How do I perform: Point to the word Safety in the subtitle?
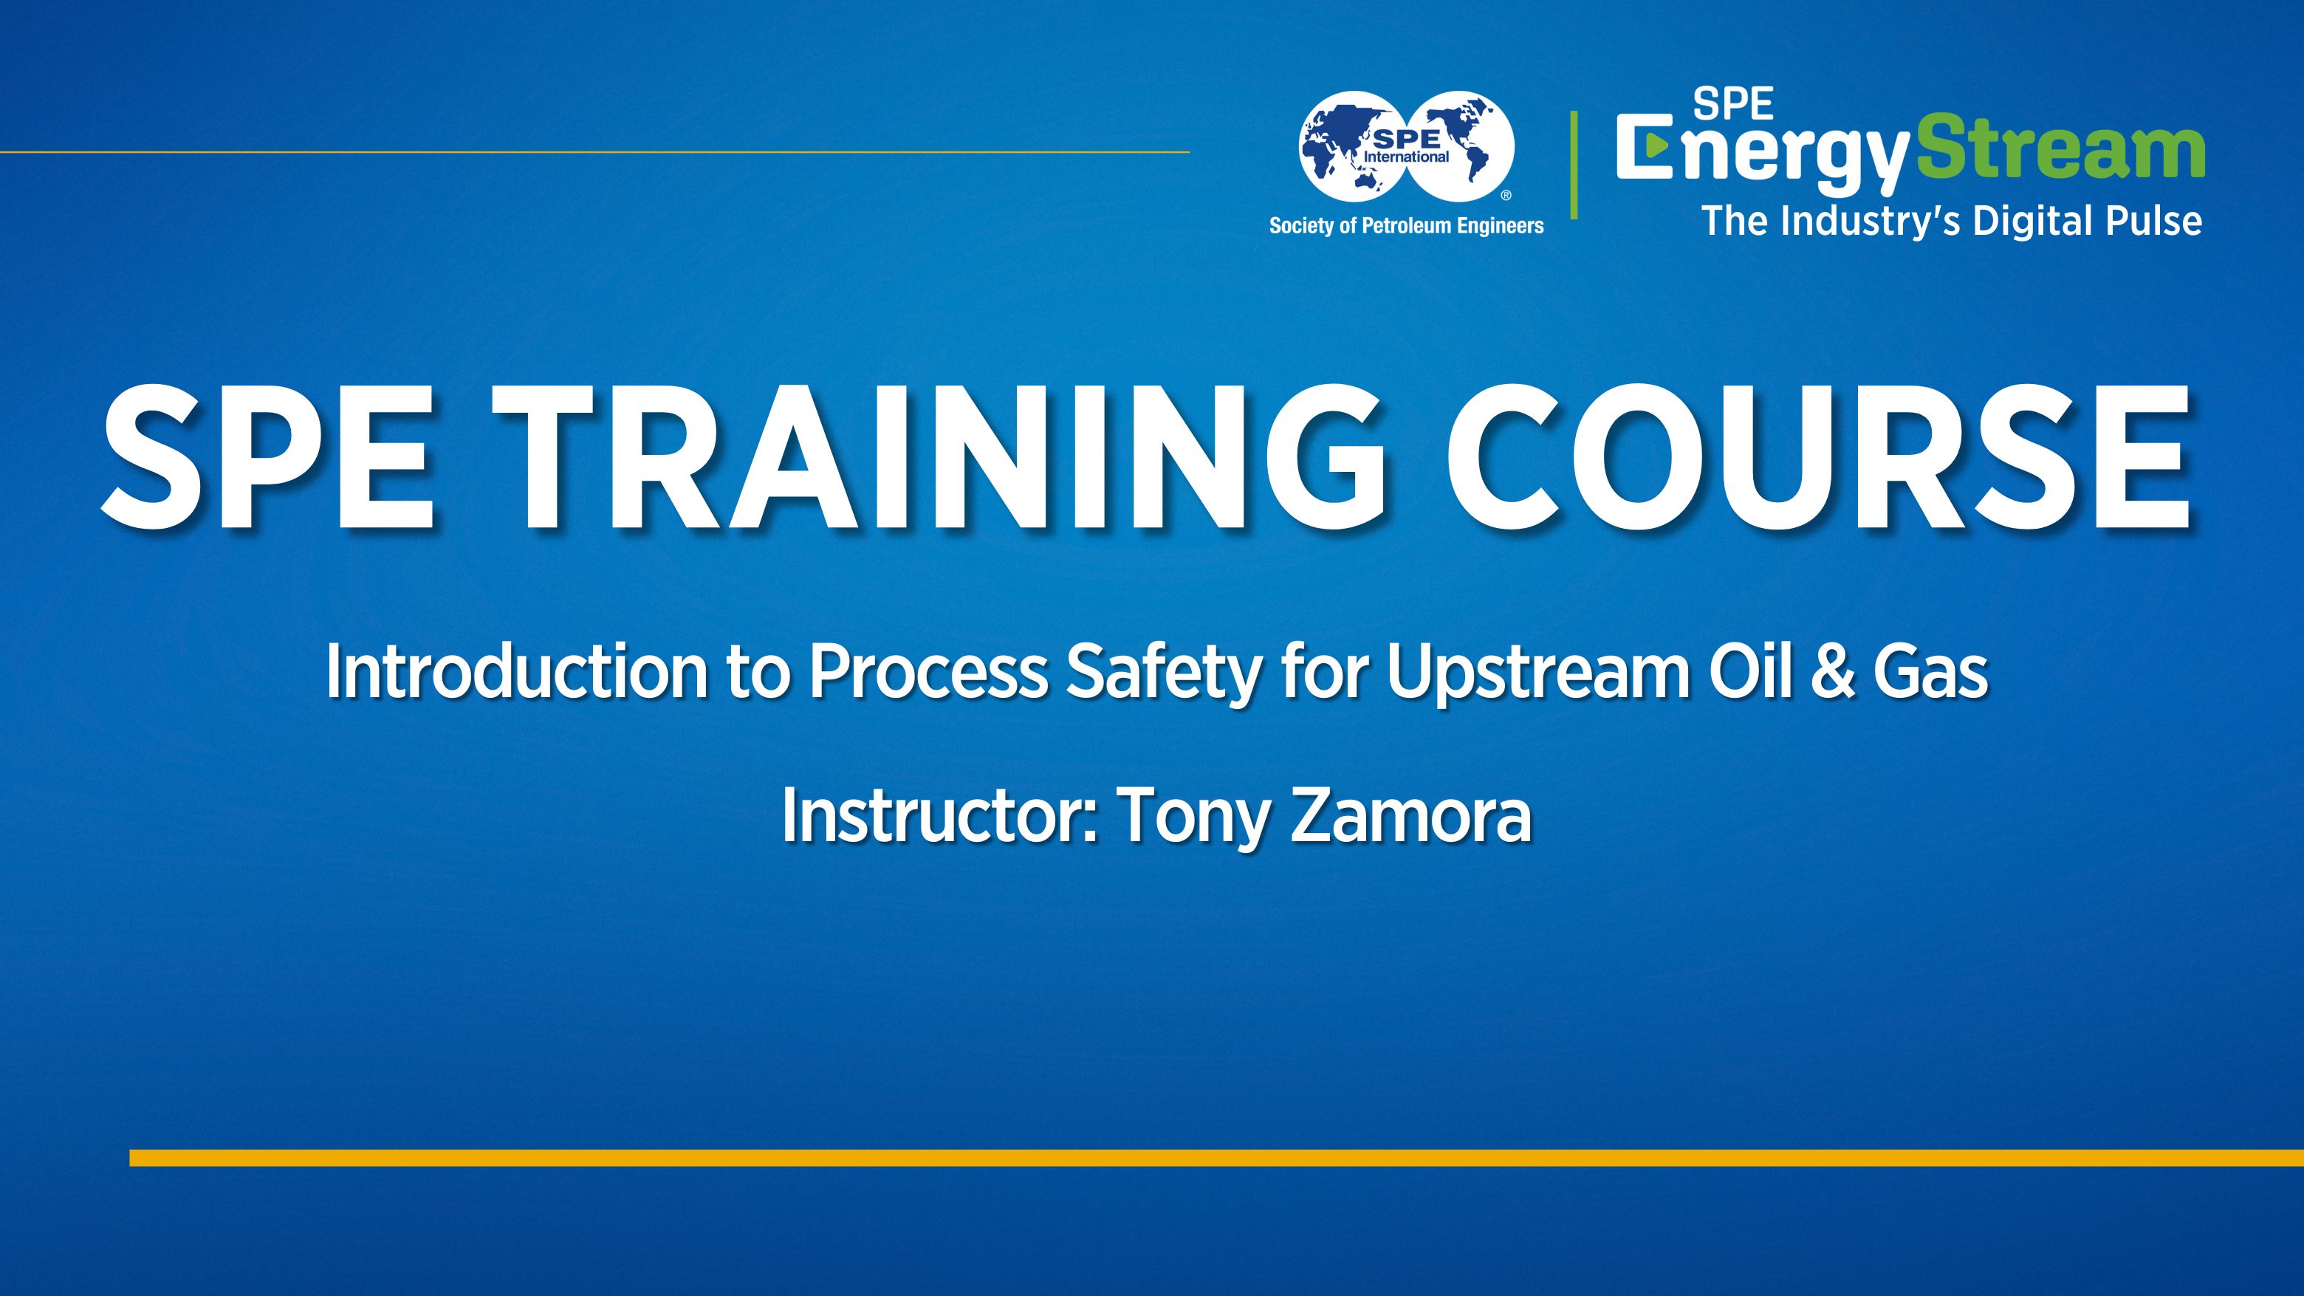point(1163,672)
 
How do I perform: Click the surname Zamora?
point(1410,816)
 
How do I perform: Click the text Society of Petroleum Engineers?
point(1406,225)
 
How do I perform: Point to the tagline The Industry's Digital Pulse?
point(1951,221)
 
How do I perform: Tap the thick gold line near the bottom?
point(1216,1158)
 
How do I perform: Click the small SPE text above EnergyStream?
point(1733,105)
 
